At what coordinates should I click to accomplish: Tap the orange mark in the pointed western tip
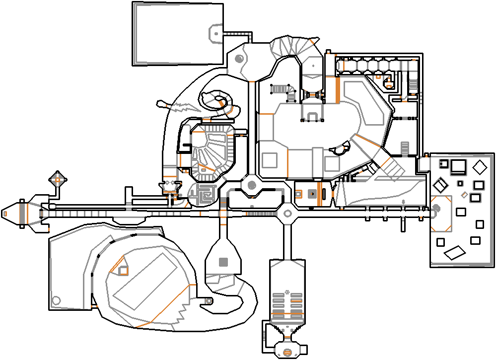[5, 214]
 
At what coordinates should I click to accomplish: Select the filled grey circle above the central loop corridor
[252, 186]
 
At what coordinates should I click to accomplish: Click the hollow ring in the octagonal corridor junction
[286, 214]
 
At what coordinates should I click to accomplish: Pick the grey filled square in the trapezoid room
[223, 262]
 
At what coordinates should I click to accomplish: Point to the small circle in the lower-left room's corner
[56, 300]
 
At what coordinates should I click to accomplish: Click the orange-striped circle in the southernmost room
[287, 352]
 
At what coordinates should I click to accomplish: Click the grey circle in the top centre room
[239, 60]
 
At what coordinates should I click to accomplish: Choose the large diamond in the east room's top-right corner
[480, 167]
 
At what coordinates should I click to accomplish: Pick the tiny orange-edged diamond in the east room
[464, 194]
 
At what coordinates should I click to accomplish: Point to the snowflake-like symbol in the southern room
[287, 290]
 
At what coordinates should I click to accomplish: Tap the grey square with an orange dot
[312, 194]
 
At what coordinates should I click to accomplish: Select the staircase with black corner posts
[282, 89]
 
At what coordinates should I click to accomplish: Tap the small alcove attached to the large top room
[215, 33]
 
